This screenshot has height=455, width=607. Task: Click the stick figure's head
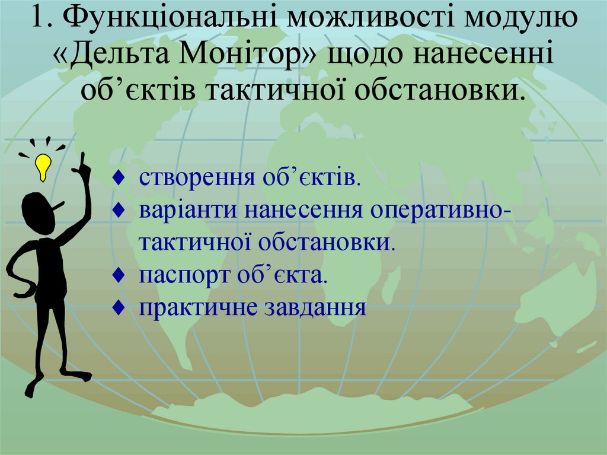(x=39, y=210)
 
